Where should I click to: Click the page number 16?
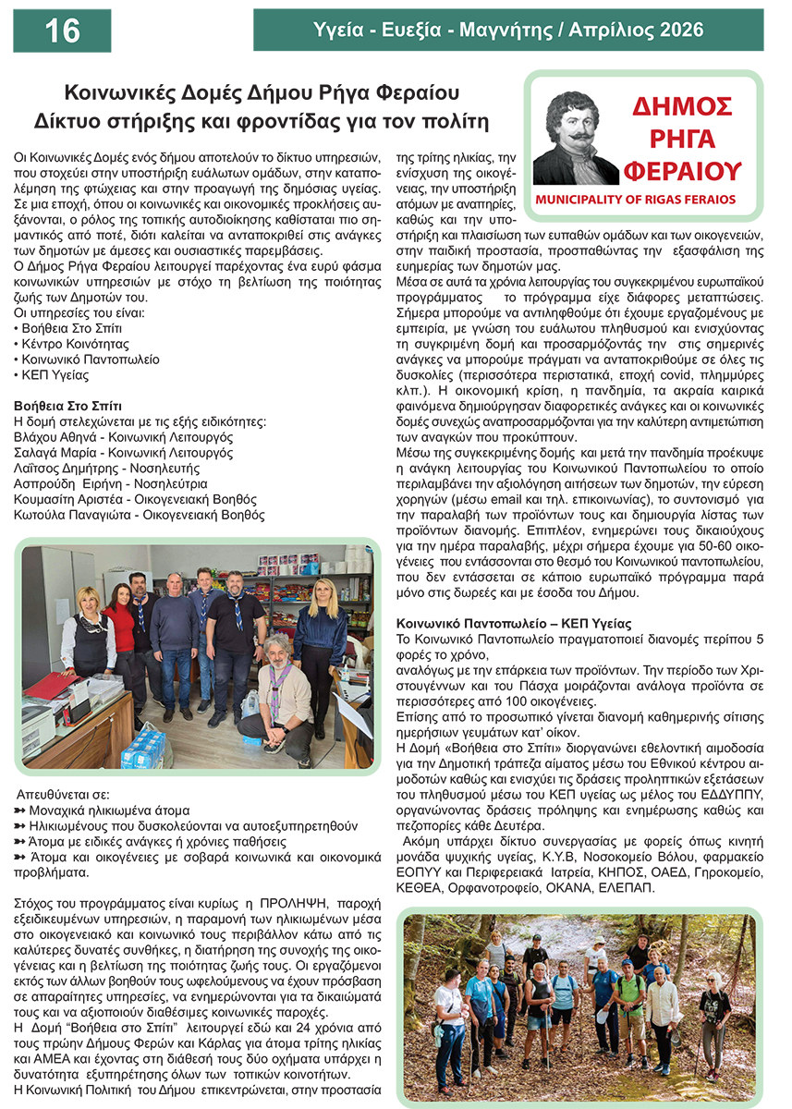[x=62, y=31]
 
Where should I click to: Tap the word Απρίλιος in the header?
[x=623, y=30]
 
